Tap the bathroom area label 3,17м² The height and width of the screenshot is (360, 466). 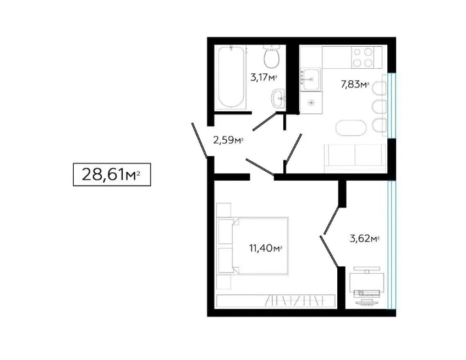point(264,78)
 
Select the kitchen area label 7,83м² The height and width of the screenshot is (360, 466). point(355,85)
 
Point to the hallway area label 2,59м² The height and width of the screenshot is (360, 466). point(228,140)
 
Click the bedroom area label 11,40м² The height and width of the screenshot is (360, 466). point(265,248)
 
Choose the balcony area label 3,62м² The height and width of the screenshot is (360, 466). point(364,238)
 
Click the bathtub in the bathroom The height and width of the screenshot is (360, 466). point(231,77)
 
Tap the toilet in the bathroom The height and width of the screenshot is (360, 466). point(272,57)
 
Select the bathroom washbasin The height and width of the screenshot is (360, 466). point(278,98)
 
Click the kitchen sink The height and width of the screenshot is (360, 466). point(310,79)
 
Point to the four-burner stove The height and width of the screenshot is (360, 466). point(363,57)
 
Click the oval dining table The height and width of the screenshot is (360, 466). point(350,128)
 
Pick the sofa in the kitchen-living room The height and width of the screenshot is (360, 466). point(355,158)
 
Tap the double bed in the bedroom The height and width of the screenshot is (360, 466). point(253,246)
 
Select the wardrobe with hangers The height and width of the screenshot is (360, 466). point(276,301)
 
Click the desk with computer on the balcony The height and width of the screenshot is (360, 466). point(367,285)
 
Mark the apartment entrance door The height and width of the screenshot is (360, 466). point(199,140)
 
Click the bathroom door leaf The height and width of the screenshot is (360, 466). point(265,121)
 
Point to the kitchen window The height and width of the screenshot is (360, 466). point(392,105)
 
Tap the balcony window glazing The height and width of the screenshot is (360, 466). point(392,244)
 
